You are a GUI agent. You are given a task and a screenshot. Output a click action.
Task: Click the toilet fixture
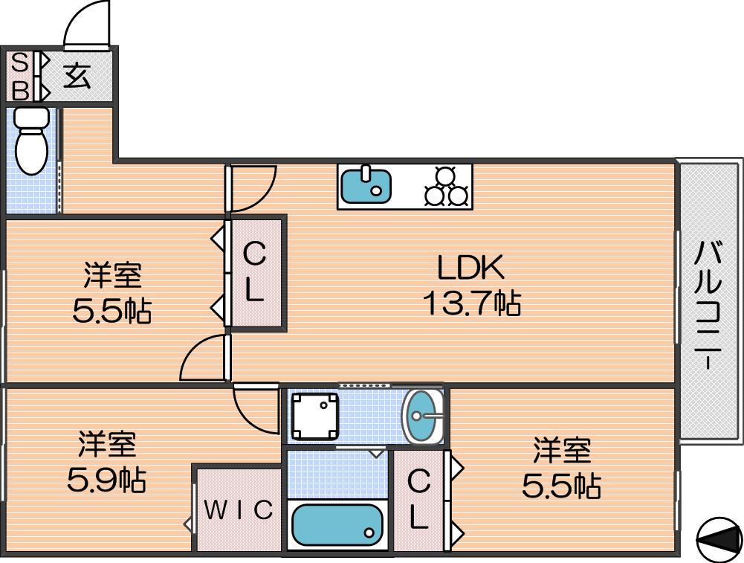pos(32,141)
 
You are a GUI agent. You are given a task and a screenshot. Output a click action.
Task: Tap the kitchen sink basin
pos(366,184)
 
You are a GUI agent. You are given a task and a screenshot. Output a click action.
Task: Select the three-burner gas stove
pos(447,187)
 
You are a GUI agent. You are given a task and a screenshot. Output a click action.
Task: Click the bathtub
pos(337,524)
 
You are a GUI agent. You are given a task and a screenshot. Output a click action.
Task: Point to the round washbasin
pos(423,416)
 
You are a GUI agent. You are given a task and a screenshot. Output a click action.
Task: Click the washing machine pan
pos(315,416)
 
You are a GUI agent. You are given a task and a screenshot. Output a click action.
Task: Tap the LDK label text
pos(470,268)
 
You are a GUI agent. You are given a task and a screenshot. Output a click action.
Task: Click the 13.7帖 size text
pos(472,303)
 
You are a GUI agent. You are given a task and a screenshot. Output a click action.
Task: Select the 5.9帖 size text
pos(106,480)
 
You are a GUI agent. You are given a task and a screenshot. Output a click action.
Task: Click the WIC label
pos(239,510)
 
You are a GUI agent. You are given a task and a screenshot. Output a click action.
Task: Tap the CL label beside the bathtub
pos(418,500)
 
